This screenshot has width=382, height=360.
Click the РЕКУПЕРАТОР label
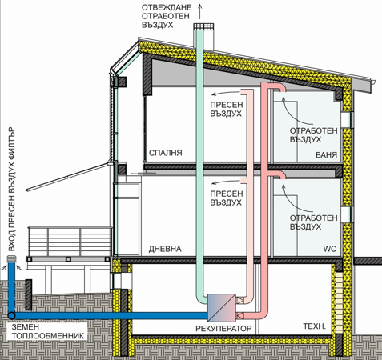click(223, 328)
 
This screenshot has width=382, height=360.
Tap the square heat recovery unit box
click(222, 308)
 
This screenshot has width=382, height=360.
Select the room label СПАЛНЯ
click(166, 153)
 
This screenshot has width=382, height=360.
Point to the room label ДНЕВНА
click(165, 249)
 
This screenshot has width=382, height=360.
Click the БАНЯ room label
click(326, 154)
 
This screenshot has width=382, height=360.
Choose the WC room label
click(330, 249)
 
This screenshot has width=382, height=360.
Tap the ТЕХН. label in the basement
click(315, 326)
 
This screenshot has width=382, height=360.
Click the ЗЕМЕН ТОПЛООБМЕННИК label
click(48, 331)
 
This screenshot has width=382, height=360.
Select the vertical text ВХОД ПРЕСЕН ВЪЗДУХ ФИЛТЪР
click(12, 190)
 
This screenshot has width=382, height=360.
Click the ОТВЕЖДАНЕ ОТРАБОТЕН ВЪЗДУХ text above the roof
click(167, 16)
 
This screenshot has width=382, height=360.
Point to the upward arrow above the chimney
click(199, 12)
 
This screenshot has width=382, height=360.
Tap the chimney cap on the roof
click(203, 26)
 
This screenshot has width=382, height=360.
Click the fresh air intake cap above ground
click(12, 258)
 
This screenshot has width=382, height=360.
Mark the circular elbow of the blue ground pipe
click(11, 316)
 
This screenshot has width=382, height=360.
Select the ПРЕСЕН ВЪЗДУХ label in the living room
click(226, 198)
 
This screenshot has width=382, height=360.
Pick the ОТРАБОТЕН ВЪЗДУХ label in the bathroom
click(313, 135)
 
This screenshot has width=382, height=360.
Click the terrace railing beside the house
click(70, 242)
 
